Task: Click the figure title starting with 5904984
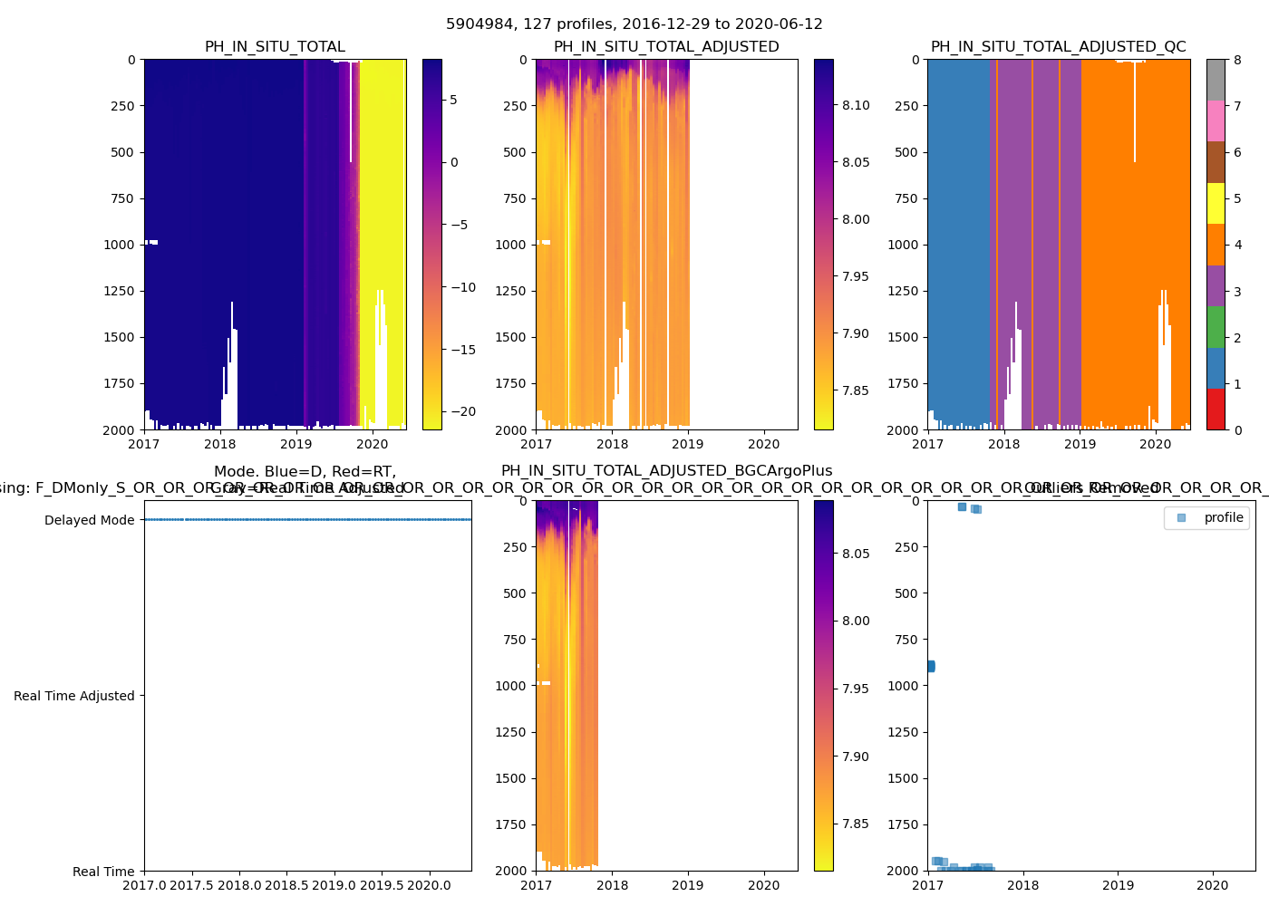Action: tap(634, 24)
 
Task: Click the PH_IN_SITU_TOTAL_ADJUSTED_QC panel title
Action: tap(1058, 47)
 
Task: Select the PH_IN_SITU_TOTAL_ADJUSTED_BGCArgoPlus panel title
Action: tap(666, 471)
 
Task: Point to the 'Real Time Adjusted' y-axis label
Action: tap(73, 696)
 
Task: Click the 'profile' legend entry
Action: tap(1223, 517)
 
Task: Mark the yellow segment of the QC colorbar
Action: tap(1216, 203)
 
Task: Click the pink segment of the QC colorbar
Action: tap(1216, 120)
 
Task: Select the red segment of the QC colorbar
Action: tap(1216, 409)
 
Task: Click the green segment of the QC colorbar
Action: tap(1216, 326)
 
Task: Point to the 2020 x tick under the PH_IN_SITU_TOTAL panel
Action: tap(372, 444)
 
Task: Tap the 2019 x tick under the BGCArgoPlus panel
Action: tap(688, 885)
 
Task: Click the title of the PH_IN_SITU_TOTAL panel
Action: tap(275, 47)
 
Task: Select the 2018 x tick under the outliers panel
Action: tap(1023, 885)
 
